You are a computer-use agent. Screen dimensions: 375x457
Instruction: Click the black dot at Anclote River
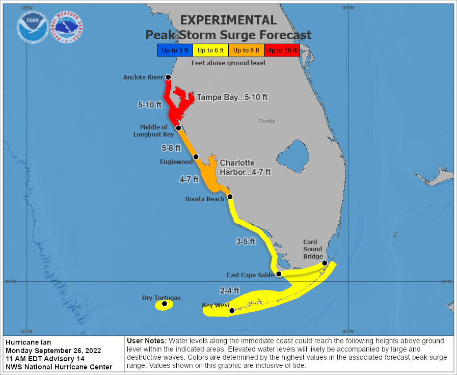click(x=168, y=77)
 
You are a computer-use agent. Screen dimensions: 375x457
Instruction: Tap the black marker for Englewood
click(x=196, y=157)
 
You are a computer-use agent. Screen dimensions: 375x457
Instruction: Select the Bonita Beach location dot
click(x=230, y=197)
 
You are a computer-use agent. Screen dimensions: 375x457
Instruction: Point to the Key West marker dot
click(x=232, y=310)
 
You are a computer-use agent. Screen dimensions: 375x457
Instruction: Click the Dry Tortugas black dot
click(x=165, y=304)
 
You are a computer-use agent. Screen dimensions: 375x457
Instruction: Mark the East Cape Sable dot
click(x=279, y=274)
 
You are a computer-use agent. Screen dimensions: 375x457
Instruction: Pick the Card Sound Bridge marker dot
click(x=325, y=263)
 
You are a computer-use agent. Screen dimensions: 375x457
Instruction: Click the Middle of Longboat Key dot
click(x=178, y=128)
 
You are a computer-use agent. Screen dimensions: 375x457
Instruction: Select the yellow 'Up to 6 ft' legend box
click(x=211, y=50)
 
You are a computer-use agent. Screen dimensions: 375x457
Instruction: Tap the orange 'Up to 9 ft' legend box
click(x=247, y=50)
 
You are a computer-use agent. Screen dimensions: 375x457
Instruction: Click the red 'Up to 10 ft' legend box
click(x=282, y=50)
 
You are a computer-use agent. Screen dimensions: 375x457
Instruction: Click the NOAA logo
click(x=33, y=27)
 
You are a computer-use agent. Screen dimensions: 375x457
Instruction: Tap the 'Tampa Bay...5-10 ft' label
click(x=232, y=97)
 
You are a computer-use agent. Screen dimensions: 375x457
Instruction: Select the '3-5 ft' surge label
click(x=246, y=242)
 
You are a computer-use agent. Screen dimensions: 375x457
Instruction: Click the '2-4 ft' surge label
click(x=230, y=290)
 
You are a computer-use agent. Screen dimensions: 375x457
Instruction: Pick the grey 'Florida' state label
click(x=266, y=121)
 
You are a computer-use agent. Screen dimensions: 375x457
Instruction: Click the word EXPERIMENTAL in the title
click(x=228, y=20)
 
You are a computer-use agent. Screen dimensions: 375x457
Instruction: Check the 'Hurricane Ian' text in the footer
click(x=29, y=342)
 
